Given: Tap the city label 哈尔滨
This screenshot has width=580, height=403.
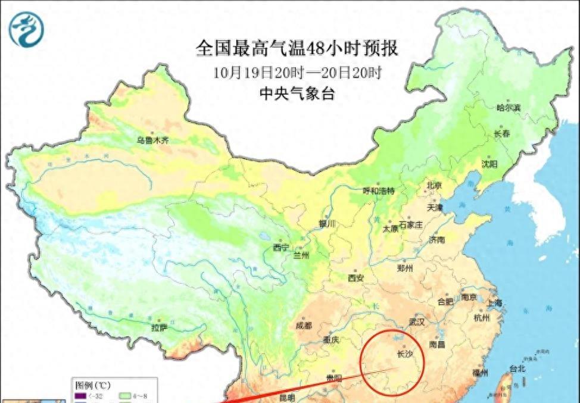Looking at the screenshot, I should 509,108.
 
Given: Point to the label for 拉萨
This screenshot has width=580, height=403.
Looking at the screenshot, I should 160,327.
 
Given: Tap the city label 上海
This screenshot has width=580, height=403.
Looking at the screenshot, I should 494,303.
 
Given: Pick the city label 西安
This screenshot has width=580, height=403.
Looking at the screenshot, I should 356,277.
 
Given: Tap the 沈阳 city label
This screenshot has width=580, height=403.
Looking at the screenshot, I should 489,164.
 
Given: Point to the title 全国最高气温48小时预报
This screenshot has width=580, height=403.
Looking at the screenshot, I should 297,48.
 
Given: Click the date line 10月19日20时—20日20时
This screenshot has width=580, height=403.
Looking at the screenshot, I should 297,73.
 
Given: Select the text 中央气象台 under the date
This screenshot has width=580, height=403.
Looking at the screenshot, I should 297,93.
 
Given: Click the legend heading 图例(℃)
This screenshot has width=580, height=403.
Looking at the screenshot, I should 93,385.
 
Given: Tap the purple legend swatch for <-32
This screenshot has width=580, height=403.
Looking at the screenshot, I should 78,395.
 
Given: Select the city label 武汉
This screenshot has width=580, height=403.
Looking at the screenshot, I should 416,322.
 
